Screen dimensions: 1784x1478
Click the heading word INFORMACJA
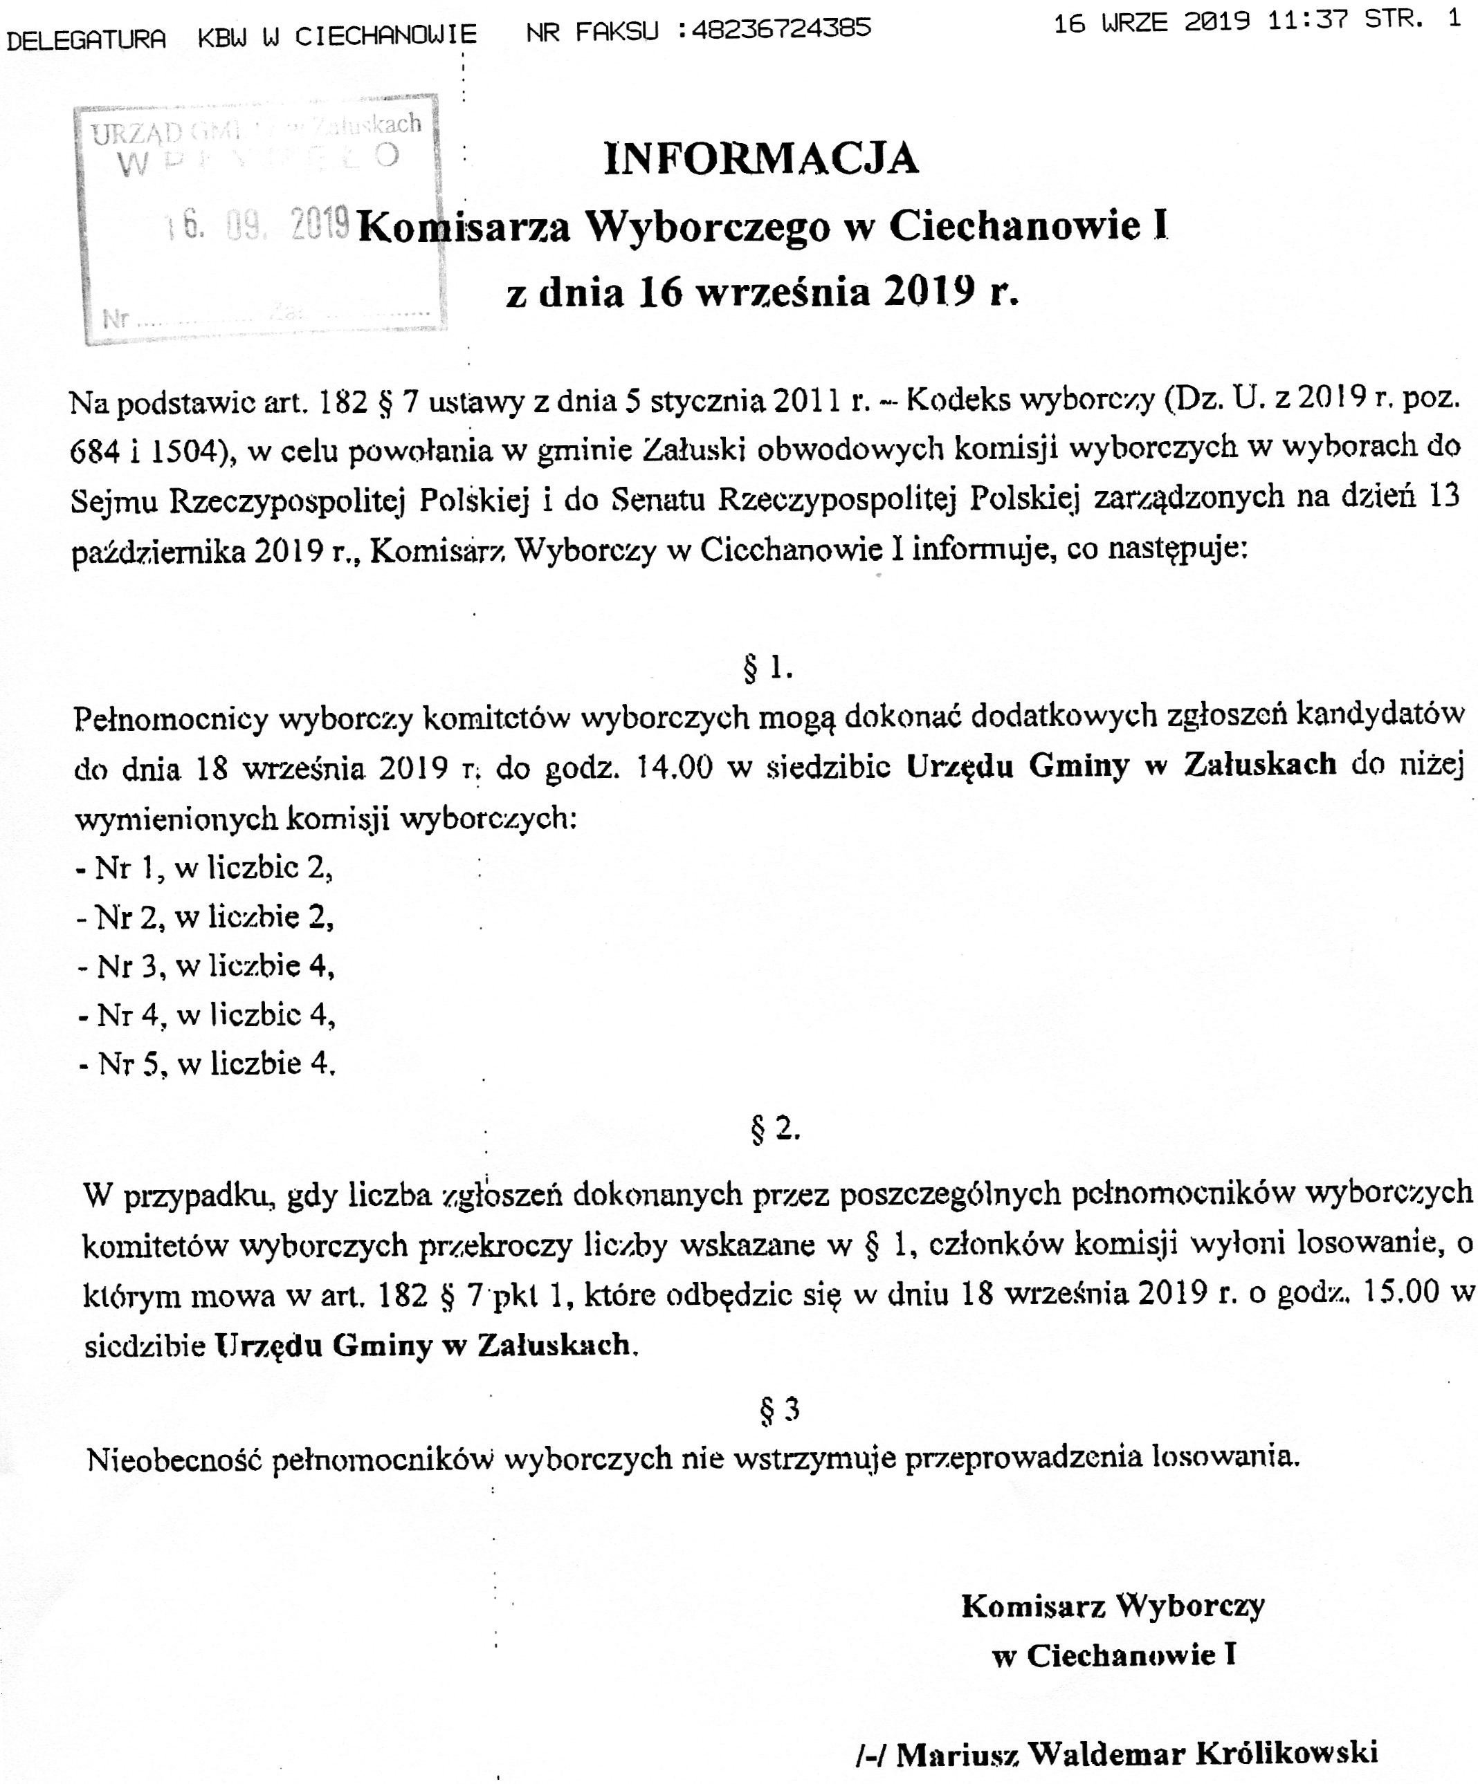(x=760, y=159)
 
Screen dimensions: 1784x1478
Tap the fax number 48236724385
(x=782, y=29)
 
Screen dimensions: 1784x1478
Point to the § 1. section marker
(x=767, y=669)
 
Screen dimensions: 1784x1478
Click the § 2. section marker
(x=775, y=1128)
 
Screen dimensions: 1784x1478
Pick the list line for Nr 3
(x=206, y=966)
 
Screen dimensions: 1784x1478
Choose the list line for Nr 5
(x=206, y=1063)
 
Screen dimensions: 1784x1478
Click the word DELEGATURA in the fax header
(x=86, y=38)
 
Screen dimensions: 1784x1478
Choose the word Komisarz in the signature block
(x=1032, y=1606)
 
